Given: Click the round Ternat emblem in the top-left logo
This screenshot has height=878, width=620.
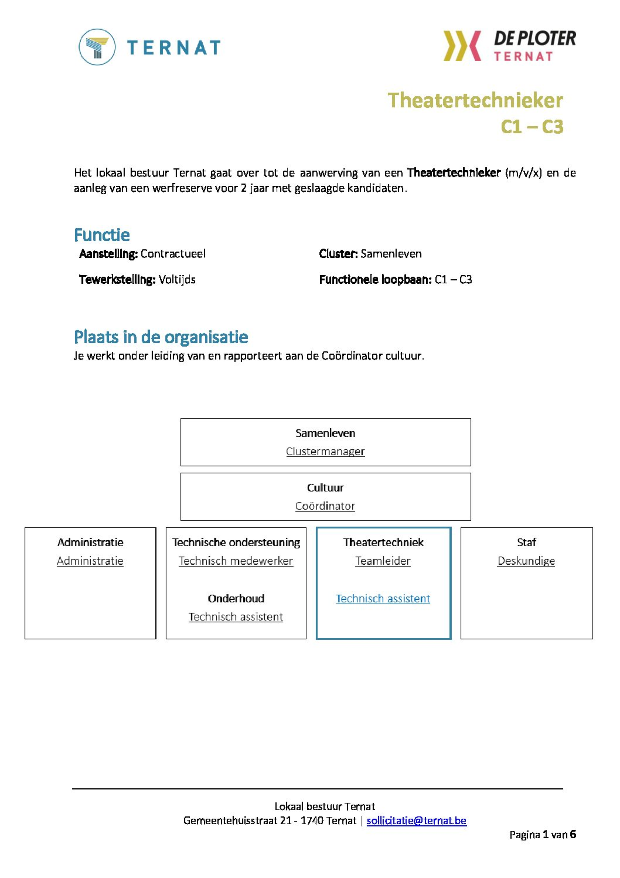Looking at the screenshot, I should coord(97,47).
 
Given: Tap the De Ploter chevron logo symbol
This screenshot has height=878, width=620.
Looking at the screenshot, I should coord(462,46).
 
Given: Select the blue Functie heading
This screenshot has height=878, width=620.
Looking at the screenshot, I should coord(102,235).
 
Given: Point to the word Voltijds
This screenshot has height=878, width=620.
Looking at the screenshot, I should coord(177,280).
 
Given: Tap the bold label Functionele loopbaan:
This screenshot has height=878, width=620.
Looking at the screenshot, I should coord(375,280).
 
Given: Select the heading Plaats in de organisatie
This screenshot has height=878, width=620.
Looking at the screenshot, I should coord(161,337).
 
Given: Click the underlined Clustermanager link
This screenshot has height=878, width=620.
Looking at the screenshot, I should coord(325,451).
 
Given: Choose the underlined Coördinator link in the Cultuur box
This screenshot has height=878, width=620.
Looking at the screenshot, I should coord(325,506).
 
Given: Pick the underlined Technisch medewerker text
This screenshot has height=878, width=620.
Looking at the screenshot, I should coord(236,561).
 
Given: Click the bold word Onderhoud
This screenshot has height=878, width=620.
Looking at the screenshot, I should coord(236,598).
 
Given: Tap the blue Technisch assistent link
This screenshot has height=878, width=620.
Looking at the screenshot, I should coord(383,598).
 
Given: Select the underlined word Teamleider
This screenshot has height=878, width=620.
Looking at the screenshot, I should coord(383,561).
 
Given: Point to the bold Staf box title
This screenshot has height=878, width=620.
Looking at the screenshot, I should coord(526,542).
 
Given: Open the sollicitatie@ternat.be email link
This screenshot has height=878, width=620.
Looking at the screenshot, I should coord(416,820).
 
